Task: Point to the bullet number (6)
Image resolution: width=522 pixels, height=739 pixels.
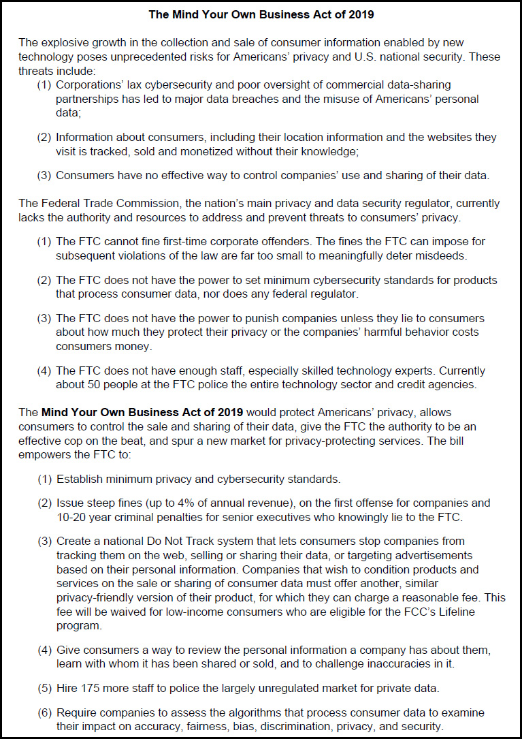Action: tap(45, 712)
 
